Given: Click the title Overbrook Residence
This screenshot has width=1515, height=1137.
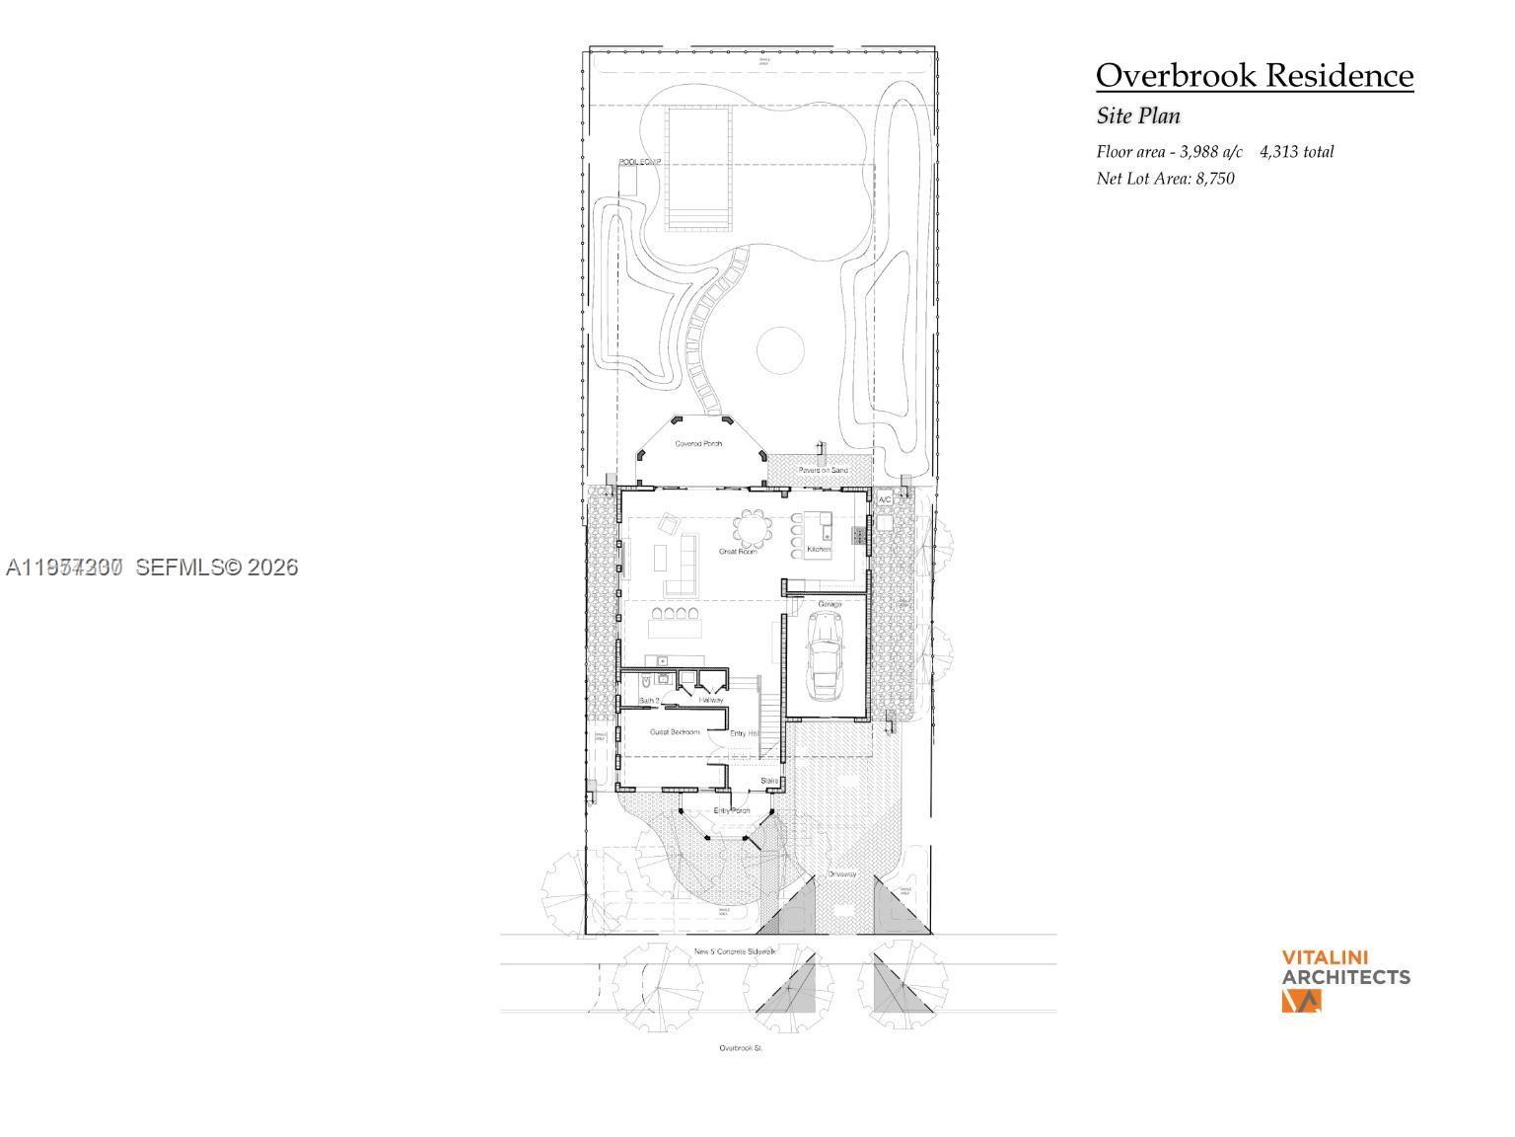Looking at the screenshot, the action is [1254, 75].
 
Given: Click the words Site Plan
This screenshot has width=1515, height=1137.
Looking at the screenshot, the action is [1138, 115].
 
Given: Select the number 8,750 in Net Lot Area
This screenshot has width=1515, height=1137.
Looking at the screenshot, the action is [1214, 179].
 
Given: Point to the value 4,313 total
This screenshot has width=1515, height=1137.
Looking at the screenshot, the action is [1296, 152].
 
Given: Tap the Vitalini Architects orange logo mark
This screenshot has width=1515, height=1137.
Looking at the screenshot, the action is [1301, 1001].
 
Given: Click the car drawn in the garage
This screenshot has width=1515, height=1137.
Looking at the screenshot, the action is [826, 654].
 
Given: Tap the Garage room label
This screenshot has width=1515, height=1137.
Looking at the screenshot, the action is [829, 604].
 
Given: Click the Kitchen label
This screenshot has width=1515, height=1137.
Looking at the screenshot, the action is [819, 549].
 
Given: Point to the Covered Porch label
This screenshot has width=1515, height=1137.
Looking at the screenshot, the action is [698, 444].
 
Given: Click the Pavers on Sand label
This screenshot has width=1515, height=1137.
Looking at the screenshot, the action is [823, 470].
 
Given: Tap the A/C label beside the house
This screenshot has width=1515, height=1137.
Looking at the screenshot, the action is [885, 500].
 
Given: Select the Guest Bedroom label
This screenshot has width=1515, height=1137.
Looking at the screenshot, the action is [675, 732].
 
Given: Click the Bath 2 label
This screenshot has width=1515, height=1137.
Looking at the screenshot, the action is [649, 701].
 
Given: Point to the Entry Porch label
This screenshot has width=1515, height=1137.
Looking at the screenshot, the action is [732, 810].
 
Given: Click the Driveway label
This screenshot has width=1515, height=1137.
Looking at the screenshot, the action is [841, 874].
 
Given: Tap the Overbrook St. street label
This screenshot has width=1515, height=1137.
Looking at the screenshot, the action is [741, 1048].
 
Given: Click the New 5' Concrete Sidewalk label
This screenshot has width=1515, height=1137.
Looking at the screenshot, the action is [735, 951].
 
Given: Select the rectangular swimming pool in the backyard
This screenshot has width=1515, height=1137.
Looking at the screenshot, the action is [699, 168].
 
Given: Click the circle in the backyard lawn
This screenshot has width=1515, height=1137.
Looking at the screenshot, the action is [781, 350].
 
